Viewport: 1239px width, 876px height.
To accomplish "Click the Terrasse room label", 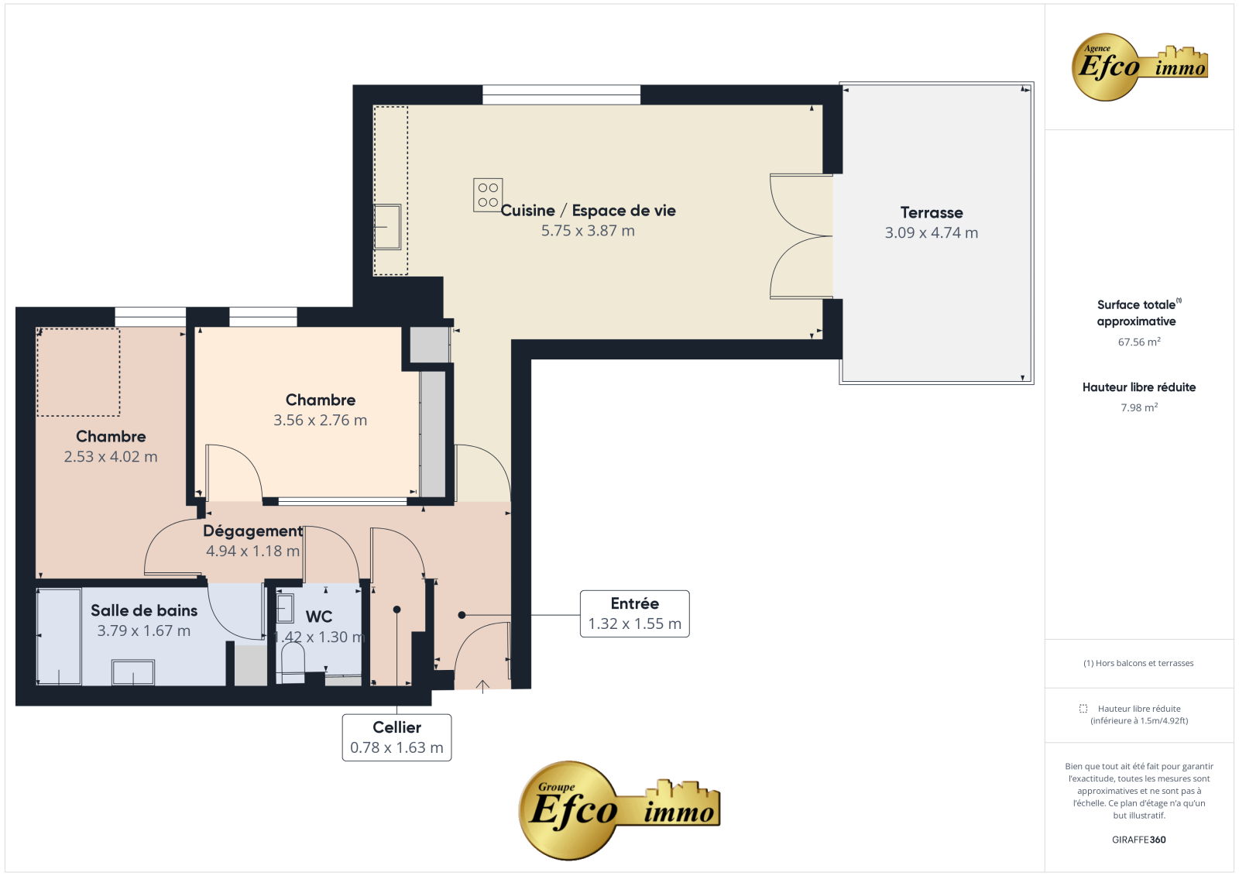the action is (x=932, y=212).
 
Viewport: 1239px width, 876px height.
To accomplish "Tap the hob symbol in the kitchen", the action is (x=488, y=194).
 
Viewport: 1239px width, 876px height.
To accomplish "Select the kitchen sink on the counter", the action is (x=387, y=227).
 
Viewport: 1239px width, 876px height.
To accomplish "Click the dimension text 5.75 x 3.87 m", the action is (x=588, y=231).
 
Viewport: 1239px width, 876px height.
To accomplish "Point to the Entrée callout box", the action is (x=634, y=613).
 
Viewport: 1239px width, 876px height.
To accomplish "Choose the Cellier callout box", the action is (x=396, y=737).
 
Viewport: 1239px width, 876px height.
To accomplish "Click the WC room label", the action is (x=319, y=617).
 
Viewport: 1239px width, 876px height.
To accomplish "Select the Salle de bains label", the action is (x=144, y=610).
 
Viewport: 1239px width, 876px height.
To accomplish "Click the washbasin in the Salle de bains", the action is (x=133, y=672).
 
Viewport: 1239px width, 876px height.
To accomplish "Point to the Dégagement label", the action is (x=252, y=531).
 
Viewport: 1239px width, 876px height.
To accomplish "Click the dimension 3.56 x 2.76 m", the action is (x=321, y=421).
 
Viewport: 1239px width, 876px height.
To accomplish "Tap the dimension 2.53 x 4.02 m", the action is (x=111, y=457).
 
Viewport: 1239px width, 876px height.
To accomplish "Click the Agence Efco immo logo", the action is (x=1139, y=67).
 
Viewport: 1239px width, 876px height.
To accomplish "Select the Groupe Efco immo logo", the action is (x=619, y=810).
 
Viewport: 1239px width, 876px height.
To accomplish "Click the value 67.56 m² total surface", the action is (x=1139, y=342).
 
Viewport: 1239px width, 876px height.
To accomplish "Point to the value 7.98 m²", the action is (x=1139, y=408).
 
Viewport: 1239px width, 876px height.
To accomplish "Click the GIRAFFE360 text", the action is (x=1139, y=840).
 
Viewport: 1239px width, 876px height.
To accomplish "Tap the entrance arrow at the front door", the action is (x=482, y=686).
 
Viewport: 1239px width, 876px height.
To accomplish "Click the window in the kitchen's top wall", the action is (x=561, y=94).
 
